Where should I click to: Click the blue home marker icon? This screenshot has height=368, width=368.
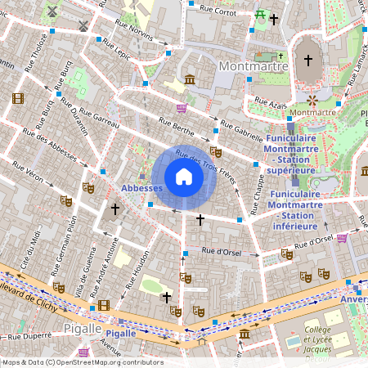click(184, 177)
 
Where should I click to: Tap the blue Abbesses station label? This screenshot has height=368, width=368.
click(141, 188)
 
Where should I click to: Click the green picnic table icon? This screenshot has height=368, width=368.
click(260, 14)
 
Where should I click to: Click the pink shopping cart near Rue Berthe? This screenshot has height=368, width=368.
click(182, 107)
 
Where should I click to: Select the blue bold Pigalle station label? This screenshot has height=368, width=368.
click(121, 334)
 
